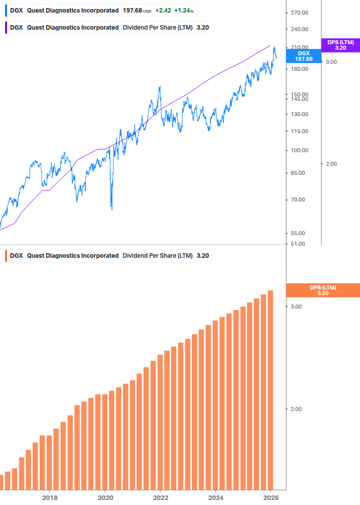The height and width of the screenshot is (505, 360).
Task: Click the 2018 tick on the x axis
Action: point(49,497)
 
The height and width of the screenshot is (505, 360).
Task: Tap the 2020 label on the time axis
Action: point(105,497)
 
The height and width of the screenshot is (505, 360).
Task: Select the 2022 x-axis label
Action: point(160,497)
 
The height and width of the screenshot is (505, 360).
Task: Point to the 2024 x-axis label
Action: point(215,497)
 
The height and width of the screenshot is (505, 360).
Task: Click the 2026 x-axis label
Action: point(270,497)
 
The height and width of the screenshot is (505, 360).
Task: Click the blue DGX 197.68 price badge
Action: point(304,56)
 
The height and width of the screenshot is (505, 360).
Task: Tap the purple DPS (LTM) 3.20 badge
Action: point(340,45)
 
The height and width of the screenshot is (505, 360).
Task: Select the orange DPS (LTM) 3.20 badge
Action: point(322,290)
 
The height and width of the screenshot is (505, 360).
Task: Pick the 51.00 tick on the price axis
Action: point(298,244)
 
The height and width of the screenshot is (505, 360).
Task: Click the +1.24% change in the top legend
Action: point(184,11)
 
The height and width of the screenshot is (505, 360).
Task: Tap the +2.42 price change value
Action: point(163,11)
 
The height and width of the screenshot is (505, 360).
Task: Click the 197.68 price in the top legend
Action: point(133,11)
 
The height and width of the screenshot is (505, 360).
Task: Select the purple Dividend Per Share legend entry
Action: point(108,27)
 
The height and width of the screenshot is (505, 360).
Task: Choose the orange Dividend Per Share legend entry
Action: point(108,255)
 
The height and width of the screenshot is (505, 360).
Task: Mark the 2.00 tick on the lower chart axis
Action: point(296,409)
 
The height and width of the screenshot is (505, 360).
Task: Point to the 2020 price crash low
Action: point(111,209)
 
